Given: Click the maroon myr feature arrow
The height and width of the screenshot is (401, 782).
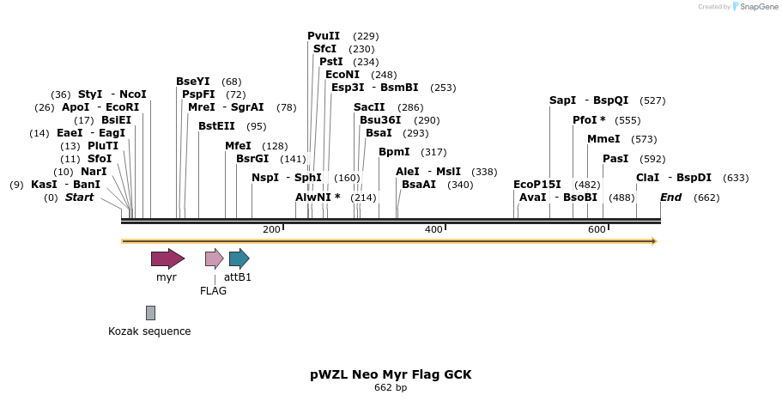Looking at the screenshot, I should coord(167,258).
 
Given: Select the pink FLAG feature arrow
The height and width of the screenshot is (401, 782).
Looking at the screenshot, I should coord(214,258).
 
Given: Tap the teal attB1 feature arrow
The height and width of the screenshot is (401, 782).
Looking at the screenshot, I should coord(239,258).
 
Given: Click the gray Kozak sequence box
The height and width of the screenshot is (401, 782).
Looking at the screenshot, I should coord(150,313).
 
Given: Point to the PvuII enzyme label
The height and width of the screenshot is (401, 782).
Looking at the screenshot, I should coord(324,36).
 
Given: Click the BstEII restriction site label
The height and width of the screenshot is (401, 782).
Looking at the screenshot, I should coord(216,125).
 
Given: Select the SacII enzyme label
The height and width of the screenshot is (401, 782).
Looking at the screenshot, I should coord(370,107).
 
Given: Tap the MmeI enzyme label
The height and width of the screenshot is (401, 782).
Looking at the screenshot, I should coord(603,139).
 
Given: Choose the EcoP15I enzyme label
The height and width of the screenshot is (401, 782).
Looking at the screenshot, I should coord(536,184).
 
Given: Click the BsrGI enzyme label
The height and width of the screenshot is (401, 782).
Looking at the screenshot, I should coord(252,158).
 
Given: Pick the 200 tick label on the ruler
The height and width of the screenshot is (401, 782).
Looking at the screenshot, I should coord(271,229).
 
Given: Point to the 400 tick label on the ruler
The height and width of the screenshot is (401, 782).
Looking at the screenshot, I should coord(433,229).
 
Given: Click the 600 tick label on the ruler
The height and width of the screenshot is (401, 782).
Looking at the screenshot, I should coord(597,229).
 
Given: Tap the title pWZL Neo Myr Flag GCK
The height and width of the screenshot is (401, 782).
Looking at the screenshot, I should coord(391,374).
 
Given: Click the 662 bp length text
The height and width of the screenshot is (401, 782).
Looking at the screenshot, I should coord(391,388).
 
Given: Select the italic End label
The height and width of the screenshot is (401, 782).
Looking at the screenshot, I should coord(670,197).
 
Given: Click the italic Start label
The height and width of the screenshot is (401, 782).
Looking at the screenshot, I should coord(79,197).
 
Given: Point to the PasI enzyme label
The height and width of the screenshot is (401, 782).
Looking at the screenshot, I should coord(615,158).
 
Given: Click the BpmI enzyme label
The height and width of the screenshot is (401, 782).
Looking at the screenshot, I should coord(395,151).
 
